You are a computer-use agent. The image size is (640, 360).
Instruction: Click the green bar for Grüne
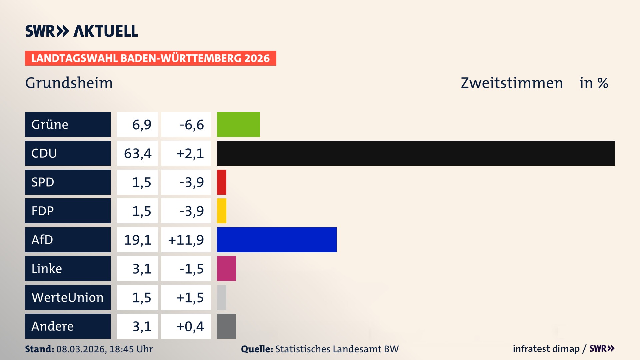(238, 124)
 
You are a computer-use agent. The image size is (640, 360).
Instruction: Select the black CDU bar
(416, 153)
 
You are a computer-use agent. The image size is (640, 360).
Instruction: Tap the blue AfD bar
(277, 240)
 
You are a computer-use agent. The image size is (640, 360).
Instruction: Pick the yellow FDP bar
(222, 211)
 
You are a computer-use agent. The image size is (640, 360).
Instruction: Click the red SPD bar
(222, 182)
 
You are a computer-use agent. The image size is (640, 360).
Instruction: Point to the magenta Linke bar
(226, 268)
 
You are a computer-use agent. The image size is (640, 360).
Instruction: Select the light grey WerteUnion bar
(222, 297)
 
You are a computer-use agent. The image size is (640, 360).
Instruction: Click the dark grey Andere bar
(226, 326)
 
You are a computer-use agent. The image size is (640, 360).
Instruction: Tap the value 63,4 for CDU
(138, 154)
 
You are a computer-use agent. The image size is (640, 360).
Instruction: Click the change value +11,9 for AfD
(186, 240)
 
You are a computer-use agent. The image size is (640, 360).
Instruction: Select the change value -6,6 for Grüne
(191, 125)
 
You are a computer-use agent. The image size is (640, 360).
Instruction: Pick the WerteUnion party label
(68, 297)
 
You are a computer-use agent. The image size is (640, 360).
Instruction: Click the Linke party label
(47, 269)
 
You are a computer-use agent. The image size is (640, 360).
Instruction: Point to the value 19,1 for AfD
(138, 240)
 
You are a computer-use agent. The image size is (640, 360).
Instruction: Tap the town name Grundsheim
(69, 83)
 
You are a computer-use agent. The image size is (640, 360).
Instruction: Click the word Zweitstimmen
(512, 83)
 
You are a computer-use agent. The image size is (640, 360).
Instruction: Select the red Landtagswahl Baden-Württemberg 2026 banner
(150, 58)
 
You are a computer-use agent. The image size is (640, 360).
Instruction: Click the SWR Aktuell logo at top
(82, 31)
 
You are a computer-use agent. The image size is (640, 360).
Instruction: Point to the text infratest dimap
(546, 349)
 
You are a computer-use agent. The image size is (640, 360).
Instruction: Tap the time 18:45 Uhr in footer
(131, 349)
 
